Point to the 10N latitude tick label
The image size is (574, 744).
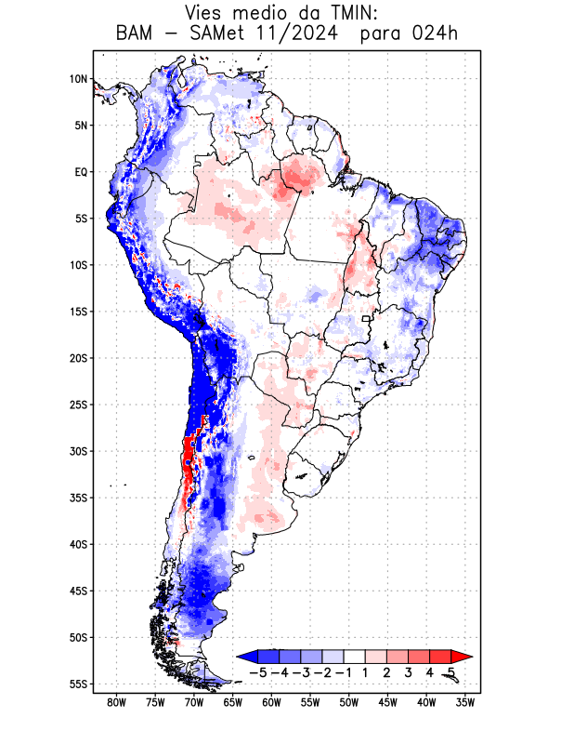pos(79,79)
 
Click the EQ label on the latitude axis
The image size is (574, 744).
pos(81,172)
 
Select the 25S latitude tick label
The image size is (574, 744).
pos(79,405)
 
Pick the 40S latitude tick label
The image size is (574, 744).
pos(79,544)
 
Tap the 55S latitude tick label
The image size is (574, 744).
pos(79,684)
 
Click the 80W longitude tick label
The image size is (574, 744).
pos(117,703)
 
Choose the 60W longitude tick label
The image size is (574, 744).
pos(272,703)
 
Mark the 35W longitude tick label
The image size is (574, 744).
pos(466,703)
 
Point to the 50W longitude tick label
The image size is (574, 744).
pos(349,703)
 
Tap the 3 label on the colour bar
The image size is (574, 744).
pos(409,672)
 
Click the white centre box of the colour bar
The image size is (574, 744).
pos(354,656)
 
